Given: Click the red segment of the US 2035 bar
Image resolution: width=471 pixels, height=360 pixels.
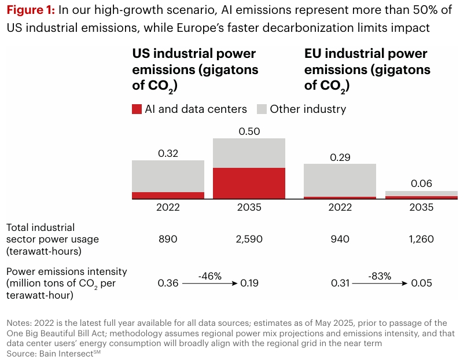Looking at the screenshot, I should click(x=249, y=183).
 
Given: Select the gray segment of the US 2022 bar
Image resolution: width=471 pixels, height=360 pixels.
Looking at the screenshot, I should click(x=168, y=176).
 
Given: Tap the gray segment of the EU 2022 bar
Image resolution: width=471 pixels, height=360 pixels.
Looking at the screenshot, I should click(x=340, y=180).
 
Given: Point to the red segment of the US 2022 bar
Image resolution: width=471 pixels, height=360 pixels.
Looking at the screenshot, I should click(x=168, y=196).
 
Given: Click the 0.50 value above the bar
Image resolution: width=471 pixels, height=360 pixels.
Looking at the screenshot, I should click(x=249, y=131).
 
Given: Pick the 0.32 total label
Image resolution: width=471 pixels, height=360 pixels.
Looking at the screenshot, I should click(x=168, y=153).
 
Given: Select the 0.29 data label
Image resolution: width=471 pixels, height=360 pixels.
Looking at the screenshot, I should click(x=340, y=157).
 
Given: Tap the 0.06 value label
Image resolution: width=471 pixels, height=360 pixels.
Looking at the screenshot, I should click(x=421, y=183).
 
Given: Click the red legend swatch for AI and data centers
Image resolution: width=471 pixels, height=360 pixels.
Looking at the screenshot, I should click(x=137, y=109).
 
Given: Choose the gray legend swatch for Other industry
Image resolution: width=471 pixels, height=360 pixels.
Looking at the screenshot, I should click(x=262, y=109).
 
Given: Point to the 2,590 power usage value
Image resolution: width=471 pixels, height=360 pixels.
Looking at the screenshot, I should click(x=249, y=239).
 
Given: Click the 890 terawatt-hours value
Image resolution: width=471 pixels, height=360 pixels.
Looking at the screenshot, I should click(x=168, y=239).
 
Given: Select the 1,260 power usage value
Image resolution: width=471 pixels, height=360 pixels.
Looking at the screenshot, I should click(x=421, y=239).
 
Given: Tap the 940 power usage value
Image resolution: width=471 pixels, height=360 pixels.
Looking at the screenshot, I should click(x=340, y=239).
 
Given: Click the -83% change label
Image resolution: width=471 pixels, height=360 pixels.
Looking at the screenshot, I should click(x=380, y=277).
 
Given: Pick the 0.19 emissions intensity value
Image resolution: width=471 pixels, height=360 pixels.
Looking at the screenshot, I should click(x=249, y=284).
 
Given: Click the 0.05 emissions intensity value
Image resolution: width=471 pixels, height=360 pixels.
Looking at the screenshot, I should click(x=421, y=284).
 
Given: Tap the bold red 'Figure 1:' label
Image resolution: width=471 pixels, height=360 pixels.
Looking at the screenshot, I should click(x=31, y=10).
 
